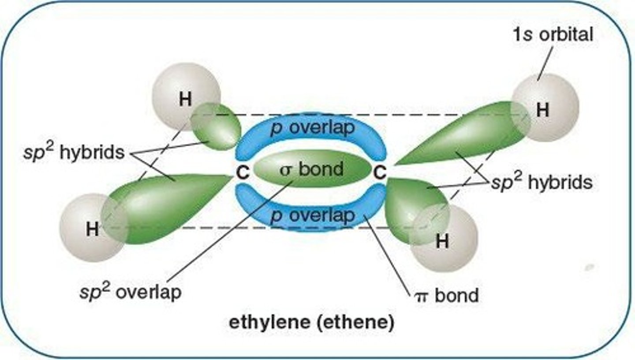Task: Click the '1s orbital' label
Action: [552, 35]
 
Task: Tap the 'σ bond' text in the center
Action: [312, 169]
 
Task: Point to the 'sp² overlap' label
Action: [131, 291]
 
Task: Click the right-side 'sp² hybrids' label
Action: [542, 182]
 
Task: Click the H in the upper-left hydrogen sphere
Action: [185, 100]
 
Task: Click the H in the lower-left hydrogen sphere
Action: [92, 229]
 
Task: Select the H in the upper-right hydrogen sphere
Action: [542, 111]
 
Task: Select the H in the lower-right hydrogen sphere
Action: [442, 241]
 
